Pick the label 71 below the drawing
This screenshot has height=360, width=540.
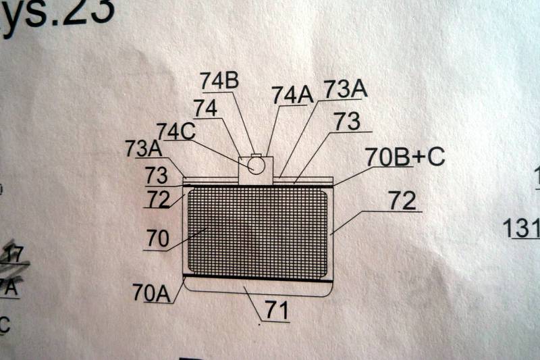[x=277, y=311]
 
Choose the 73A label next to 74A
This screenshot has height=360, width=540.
[x=346, y=88]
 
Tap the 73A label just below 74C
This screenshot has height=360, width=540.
[x=142, y=149]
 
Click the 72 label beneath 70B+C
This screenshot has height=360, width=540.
[x=403, y=200]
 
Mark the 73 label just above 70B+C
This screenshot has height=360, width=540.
[x=346, y=121]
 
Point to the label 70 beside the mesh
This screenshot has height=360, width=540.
[x=159, y=238]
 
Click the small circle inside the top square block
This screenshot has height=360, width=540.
[x=254, y=162]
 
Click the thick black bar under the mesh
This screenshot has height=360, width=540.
[x=256, y=277]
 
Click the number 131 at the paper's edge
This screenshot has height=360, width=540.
[x=521, y=228]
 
